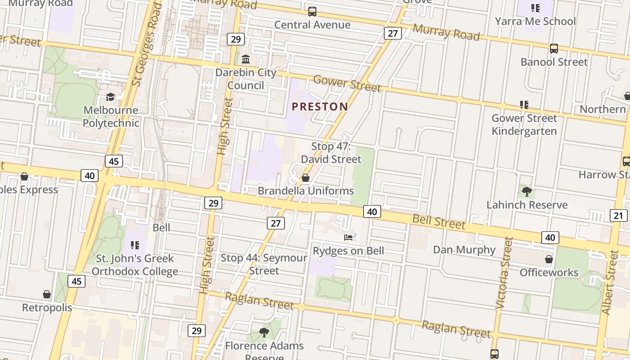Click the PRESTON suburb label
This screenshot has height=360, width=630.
click(319, 107)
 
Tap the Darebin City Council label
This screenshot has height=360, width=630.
click(246, 79)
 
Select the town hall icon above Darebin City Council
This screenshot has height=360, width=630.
click(246, 59)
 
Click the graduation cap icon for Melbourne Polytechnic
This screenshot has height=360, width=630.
click(110, 97)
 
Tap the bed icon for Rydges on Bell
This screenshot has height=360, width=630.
click(348, 237)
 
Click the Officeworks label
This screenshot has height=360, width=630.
click(549, 272)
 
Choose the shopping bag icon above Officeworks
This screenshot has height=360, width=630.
click(549, 259)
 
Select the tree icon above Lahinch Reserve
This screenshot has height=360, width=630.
click(526, 192)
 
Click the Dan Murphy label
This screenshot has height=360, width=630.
click(464, 250)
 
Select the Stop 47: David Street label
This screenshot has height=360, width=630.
click(331, 153)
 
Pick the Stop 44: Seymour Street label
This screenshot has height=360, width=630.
click(264, 264)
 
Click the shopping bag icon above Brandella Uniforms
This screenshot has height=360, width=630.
click(306, 178)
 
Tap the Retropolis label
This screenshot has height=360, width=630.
click(47, 308)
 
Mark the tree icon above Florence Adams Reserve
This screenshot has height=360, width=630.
click(264, 333)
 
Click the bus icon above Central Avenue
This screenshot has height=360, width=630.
click(312, 12)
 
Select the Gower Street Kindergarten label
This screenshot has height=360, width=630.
click(524, 125)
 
